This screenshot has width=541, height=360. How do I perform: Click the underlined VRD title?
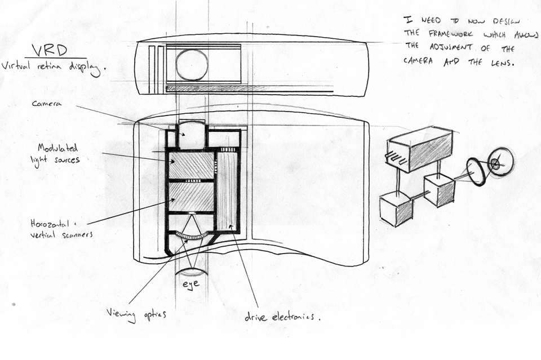[x=50, y=51]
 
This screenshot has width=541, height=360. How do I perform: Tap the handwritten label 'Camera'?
[x=47, y=104]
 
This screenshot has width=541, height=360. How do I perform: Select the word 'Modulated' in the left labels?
[x=57, y=148]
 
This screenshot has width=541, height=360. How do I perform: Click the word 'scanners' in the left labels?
[x=77, y=235]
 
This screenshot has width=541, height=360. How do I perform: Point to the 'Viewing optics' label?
[x=136, y=314]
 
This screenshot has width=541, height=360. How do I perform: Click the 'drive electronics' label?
[x=282, y=317]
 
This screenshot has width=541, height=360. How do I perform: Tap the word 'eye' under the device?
[x=191, y=284]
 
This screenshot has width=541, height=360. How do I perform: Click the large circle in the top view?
[x=192, y=65]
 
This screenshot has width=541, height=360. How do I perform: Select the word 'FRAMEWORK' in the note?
[x=451, y=34]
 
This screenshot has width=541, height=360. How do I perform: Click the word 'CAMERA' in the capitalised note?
[x=418, y=61]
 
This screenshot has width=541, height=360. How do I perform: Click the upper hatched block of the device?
[x=192, y=166]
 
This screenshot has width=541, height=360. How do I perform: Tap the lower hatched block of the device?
[x=192, y=197]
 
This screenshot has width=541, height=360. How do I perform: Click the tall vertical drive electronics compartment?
[x=227, y=191]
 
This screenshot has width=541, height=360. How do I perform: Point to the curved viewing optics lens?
[x=192, y=236]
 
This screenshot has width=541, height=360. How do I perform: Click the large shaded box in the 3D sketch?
[x=419, y=149]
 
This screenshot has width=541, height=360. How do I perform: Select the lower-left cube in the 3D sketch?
[x=396, y=209]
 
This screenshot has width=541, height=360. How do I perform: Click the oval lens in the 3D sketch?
[x=477, y=172]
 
